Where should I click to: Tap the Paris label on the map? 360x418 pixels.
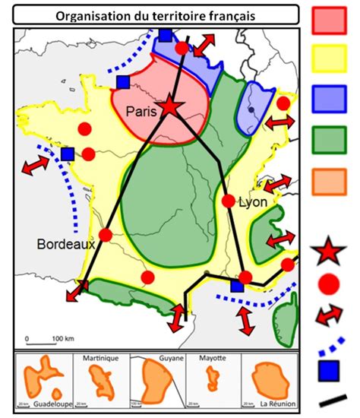click(x=141, y=112)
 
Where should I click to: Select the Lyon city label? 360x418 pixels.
click(x=253, y=203)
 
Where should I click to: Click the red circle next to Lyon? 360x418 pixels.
click(x=229, y=201)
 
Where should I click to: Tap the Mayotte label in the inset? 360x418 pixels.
click(x=213, y=357)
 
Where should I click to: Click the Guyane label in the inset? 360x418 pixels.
click(x=172, y=357)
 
